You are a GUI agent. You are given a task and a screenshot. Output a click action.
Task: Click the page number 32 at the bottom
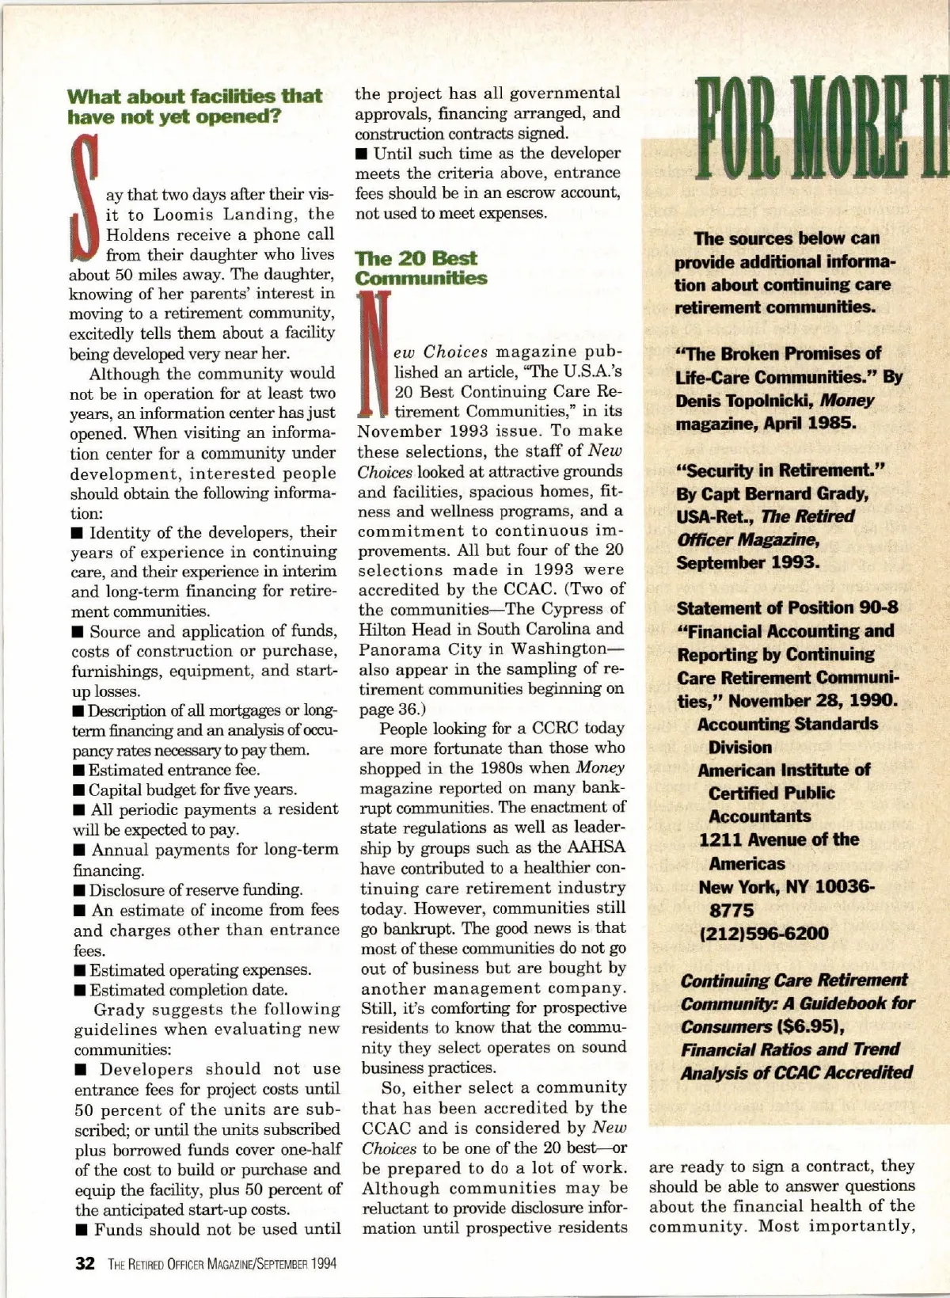point(85,1263)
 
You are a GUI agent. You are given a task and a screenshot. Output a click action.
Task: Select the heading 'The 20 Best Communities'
point(420,268)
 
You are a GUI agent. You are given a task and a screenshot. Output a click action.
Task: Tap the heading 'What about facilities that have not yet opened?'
point(195,107)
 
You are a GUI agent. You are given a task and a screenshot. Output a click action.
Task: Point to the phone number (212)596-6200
point(764,934)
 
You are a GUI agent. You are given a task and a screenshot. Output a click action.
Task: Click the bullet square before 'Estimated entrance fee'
point(78,770)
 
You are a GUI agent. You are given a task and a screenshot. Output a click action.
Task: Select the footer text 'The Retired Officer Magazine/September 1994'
point(222,1264)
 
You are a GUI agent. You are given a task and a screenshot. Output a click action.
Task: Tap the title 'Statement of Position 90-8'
point(787,608)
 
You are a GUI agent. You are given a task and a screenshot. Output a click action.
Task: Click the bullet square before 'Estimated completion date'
point(79,990)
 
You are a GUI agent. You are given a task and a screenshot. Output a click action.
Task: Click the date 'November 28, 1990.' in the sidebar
point(813,701)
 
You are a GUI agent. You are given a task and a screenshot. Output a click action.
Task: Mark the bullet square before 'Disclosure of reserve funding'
point(78,890)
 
